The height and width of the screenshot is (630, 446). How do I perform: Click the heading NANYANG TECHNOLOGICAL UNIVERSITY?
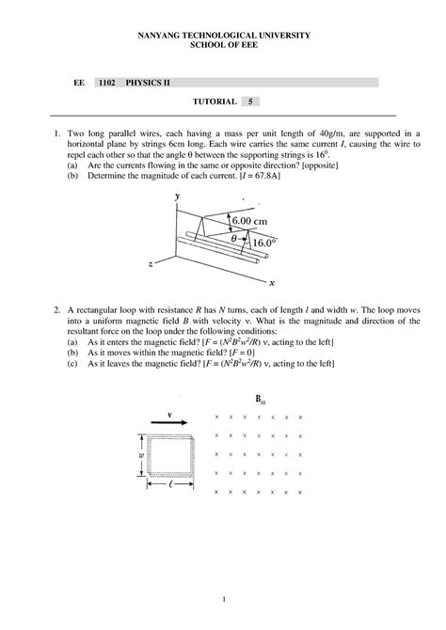click(x=223, y=35)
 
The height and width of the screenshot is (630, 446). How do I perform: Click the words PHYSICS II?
click(x=151, y=83)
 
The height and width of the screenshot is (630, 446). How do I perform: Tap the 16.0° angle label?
click(x=263, y=242)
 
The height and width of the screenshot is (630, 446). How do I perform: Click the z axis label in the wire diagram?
click(x=151, y=266)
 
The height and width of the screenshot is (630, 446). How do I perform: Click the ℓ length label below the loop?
click(x=171, y=486)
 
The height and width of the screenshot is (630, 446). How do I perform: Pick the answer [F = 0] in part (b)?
click(x=256, y=352)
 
